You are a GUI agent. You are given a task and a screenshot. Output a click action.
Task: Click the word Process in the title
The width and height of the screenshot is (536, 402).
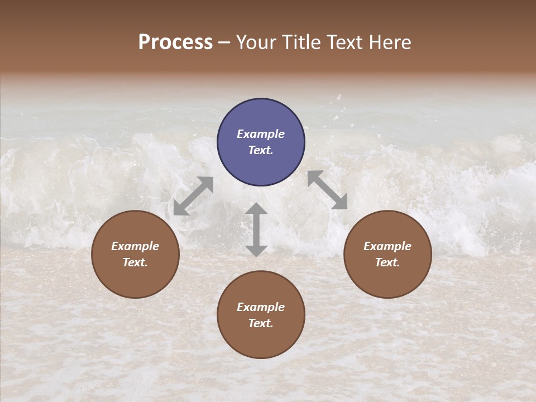[175, 42]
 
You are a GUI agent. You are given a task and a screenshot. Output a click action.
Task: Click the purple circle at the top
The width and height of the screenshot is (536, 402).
[261, 142]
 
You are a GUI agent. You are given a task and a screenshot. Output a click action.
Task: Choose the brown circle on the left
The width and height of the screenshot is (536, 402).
[135, 254]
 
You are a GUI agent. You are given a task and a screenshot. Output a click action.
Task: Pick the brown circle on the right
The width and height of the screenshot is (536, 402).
[387, 254]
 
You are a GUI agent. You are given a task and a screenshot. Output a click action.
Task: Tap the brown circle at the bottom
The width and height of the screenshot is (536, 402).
[261, 315]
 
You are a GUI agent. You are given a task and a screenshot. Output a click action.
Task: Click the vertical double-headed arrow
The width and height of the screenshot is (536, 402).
[256, 229]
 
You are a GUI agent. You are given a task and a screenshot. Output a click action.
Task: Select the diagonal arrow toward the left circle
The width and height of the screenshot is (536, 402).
[193, 196]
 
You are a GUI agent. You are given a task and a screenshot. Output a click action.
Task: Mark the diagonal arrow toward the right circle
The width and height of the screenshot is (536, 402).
[327, 190]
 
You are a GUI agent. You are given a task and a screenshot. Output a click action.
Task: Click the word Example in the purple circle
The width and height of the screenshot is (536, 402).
[261, 134]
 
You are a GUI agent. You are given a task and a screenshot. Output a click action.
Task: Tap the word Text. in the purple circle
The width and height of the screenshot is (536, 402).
[261, 150]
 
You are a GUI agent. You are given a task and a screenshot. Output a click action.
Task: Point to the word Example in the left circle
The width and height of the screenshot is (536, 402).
[135, 246]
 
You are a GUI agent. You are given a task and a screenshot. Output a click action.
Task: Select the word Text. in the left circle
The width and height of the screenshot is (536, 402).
[135, 262]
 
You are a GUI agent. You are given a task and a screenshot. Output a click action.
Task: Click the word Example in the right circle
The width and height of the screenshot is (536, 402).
[387, 246]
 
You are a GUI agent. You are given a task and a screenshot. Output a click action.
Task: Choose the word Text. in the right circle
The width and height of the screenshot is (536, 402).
[387, 262]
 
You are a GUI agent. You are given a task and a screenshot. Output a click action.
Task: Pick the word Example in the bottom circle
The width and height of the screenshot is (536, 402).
[261, 307]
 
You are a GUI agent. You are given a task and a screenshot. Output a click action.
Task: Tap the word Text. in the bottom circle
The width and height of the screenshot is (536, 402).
[261, 323]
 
